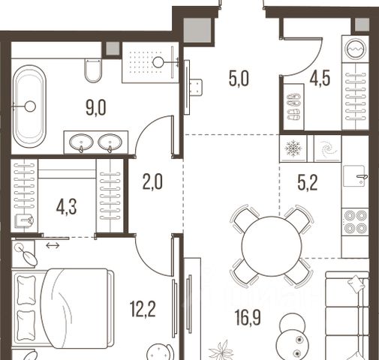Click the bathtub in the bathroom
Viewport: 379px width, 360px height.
click(x=30, y=106)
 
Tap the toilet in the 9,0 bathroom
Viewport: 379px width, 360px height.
click(x=93, y=70)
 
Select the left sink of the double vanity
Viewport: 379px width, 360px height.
click(x=81, y=142)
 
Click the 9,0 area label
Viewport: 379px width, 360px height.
click(x=96, y=107)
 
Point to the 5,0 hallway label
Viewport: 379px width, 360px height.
click(x=239, y=79)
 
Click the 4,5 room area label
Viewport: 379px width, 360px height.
click(x=320, y=78)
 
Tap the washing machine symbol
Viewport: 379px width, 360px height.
click(x=355, y=49)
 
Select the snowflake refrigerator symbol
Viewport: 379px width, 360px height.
click(x=293, y=148)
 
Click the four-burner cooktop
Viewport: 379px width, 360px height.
click(x=356, y=221)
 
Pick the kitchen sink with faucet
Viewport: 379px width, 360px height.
click(x=355, y=176)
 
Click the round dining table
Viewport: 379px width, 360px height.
click(x=272, y=246)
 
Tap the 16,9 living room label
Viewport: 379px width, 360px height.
click(x=248, y=318)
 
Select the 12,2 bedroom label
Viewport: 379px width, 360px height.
click(x=143, y=309)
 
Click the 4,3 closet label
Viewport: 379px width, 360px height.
click(x=66, y=207)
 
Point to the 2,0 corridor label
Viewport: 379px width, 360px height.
click(x=152, y=181)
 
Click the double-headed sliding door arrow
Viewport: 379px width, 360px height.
click(x=53, y=245)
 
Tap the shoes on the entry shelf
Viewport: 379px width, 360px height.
click(x=293, y=106)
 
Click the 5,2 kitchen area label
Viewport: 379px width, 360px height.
click(x=308, y=183)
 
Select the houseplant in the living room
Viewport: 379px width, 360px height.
click(x=221, y=351)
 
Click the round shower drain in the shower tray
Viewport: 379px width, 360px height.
click(x=158, y=62)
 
